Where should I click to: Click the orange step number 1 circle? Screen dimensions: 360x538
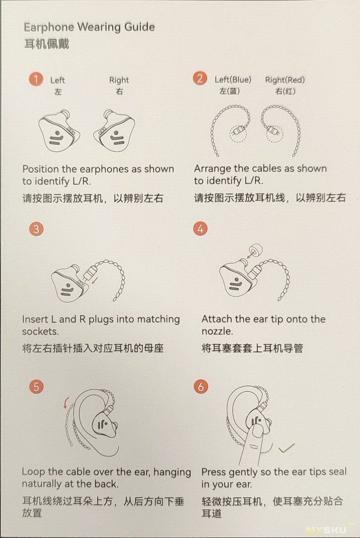pos(36,79)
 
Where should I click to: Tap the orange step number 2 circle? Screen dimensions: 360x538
pos(200,79)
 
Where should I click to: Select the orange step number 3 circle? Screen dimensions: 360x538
pos(36,229)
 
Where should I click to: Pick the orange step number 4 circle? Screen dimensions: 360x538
pos(200,229)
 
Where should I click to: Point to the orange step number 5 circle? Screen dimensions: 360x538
pos(36,387)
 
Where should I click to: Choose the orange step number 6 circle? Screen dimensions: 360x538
pos(201,387)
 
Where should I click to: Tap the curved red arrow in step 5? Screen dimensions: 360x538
pos(65,403)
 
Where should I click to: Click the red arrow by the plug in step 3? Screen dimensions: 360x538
pos(94,281)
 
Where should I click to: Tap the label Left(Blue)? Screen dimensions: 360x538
pos(233,80)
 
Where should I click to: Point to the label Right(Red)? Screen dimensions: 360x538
pos(285,80)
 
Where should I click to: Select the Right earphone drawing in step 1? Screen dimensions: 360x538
pos(114,131)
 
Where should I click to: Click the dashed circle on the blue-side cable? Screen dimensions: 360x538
pos(238,132)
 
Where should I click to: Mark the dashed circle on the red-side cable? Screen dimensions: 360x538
pos(274,133)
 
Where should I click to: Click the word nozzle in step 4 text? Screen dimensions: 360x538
pos(217,332)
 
